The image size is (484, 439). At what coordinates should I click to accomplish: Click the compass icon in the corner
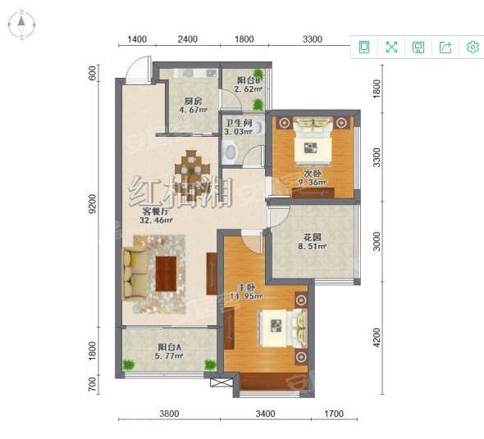pos(21,25)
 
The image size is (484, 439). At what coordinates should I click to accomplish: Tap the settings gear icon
pos(473,48)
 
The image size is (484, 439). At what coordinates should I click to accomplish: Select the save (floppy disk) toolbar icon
pos(418,48)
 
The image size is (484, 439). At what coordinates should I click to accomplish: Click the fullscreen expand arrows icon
pos(391,48)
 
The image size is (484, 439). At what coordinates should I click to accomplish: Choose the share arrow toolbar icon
pos(445,48)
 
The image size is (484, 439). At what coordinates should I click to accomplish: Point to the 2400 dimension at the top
pos(188,39)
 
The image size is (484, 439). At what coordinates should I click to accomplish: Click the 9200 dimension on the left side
pos(93,203)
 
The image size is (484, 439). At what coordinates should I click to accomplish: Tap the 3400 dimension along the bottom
pos(265,414)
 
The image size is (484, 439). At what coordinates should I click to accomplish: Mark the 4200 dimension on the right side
pos(377,337)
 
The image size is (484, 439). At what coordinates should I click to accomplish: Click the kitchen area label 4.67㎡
pos(194,110)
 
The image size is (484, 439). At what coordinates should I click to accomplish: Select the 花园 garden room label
pos(312,237)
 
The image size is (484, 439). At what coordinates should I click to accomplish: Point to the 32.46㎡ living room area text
pos(156,220)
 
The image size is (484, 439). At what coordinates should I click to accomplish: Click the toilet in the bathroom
pos(230,151)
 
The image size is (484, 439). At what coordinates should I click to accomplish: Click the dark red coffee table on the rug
pos(166,274)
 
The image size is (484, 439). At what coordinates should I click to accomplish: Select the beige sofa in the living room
pos(135,274)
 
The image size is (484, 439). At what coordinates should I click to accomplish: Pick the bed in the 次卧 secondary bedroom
pos(313,141)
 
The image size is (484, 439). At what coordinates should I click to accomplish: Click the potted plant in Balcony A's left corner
pos(129,364)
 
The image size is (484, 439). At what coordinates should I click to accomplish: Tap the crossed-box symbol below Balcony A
pos(221,382)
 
